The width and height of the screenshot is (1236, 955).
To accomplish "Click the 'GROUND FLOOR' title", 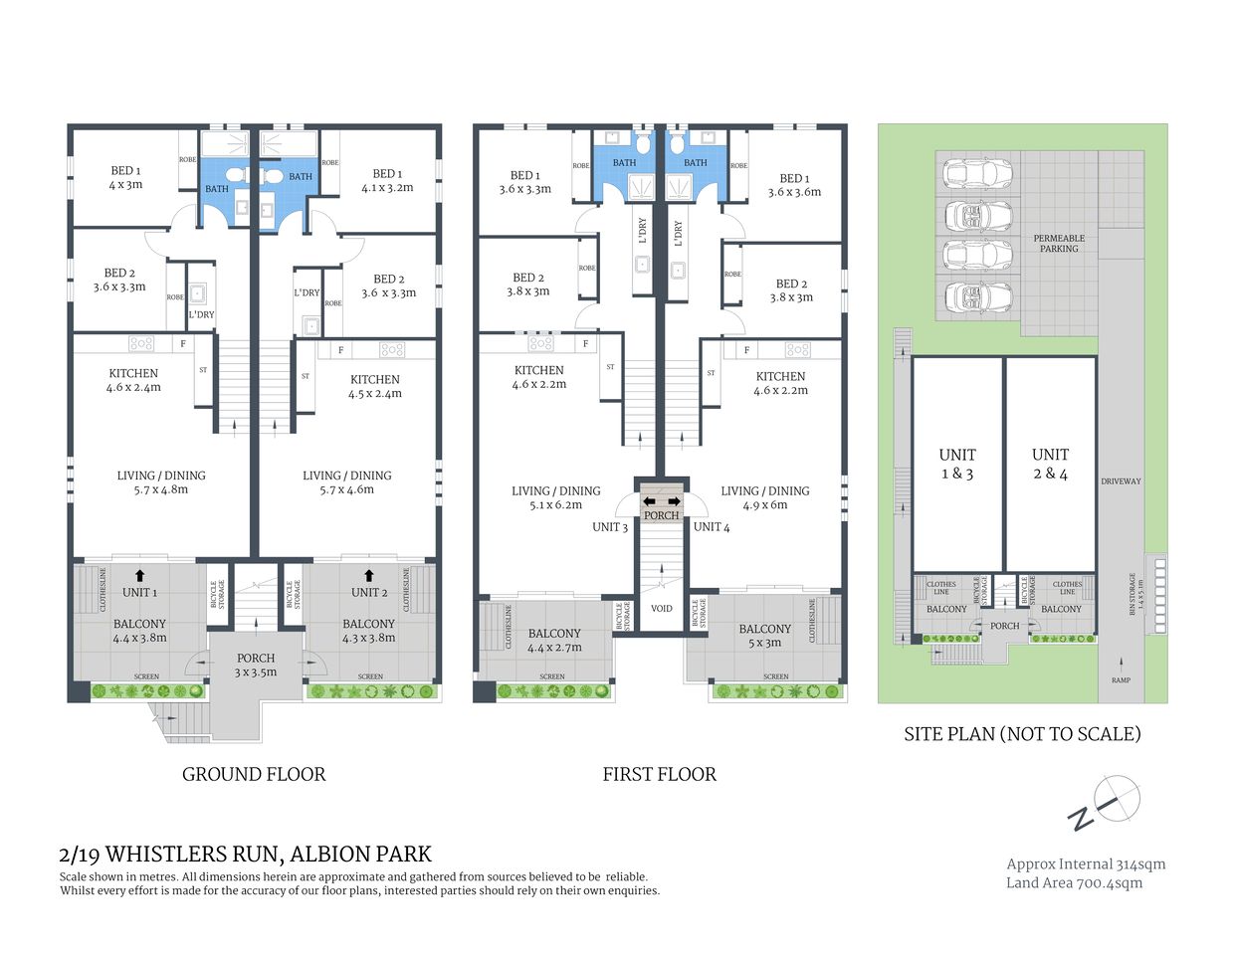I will click(x=254, y=774).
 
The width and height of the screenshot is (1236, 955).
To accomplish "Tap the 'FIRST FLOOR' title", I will click(x=659, y=774).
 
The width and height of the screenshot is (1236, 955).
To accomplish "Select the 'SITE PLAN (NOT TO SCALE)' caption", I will click(x=1022, y=734).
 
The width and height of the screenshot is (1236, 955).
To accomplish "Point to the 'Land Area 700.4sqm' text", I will click(x=1074, y=882).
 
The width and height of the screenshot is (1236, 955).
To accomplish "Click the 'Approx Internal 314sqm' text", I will click(x=1086, y=863).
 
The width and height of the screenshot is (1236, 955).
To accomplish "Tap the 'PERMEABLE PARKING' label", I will click(x=1059, y=243).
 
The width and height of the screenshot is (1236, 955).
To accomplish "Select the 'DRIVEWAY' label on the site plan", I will click(x=1121, y=481).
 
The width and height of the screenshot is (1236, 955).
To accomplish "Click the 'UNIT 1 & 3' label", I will click(x=957, y=465).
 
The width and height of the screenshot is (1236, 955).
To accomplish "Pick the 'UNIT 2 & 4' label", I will click(x=1050, y=465).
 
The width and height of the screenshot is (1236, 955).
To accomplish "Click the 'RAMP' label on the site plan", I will click(x=1121, y=680).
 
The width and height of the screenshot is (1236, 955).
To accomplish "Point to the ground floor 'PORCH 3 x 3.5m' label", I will click(x=256, y=665).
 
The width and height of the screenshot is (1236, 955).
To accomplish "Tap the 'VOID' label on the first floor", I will click(x=662, y=608).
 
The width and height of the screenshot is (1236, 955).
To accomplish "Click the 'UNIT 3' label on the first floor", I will click(x=610, y=527).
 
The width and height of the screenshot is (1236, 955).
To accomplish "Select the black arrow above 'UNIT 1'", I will click(x=138, y=574).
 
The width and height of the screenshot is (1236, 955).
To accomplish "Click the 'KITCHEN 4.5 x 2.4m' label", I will click(x=375, y=386).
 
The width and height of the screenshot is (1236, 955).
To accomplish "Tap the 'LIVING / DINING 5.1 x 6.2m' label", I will click(x=556, y=497).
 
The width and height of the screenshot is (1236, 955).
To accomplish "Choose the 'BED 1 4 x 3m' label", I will click(x=125, y=177).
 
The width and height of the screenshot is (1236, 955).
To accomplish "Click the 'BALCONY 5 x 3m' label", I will click(x=764, y=635).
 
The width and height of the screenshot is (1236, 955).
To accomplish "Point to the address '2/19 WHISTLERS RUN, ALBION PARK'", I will click(x=246, y=854).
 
